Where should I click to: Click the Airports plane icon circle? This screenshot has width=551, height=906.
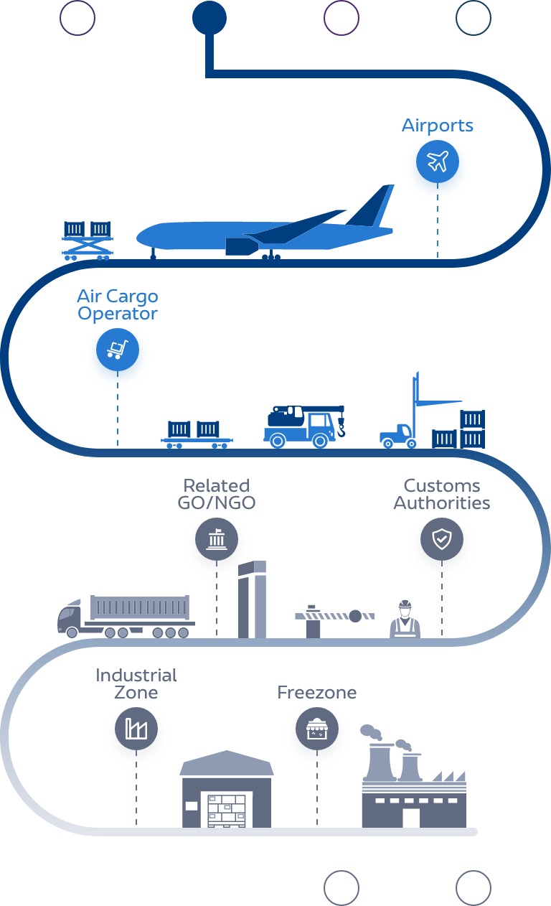tap(437, 163)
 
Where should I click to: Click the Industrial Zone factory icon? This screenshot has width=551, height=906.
tap(136, 730)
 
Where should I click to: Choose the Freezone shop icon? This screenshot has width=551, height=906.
tap(316, 730)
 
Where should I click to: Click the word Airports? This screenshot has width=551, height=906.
tap(437, 126)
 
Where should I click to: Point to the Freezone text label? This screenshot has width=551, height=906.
tap(316, 693)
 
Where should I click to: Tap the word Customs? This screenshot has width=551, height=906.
tap(441, 486)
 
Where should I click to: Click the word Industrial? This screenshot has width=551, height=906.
tap(136, 676)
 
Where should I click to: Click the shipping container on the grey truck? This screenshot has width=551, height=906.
tap(140, 609)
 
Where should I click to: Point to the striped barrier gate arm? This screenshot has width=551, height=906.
tap(334, 616)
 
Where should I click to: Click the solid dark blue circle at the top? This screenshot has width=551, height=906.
tap(209, 17)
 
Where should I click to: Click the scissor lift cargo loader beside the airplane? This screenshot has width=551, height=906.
tap(88, 240)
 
